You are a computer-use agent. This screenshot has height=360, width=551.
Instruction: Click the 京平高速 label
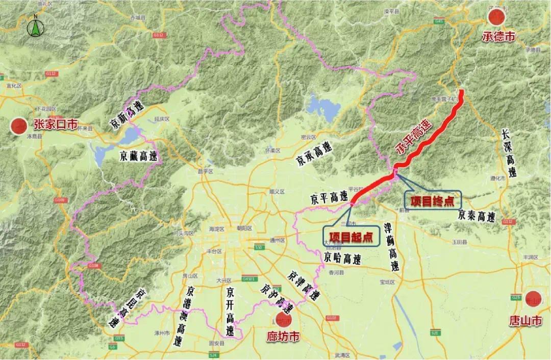pos(329,197)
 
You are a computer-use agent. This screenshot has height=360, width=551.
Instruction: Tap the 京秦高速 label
pos(477,216)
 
